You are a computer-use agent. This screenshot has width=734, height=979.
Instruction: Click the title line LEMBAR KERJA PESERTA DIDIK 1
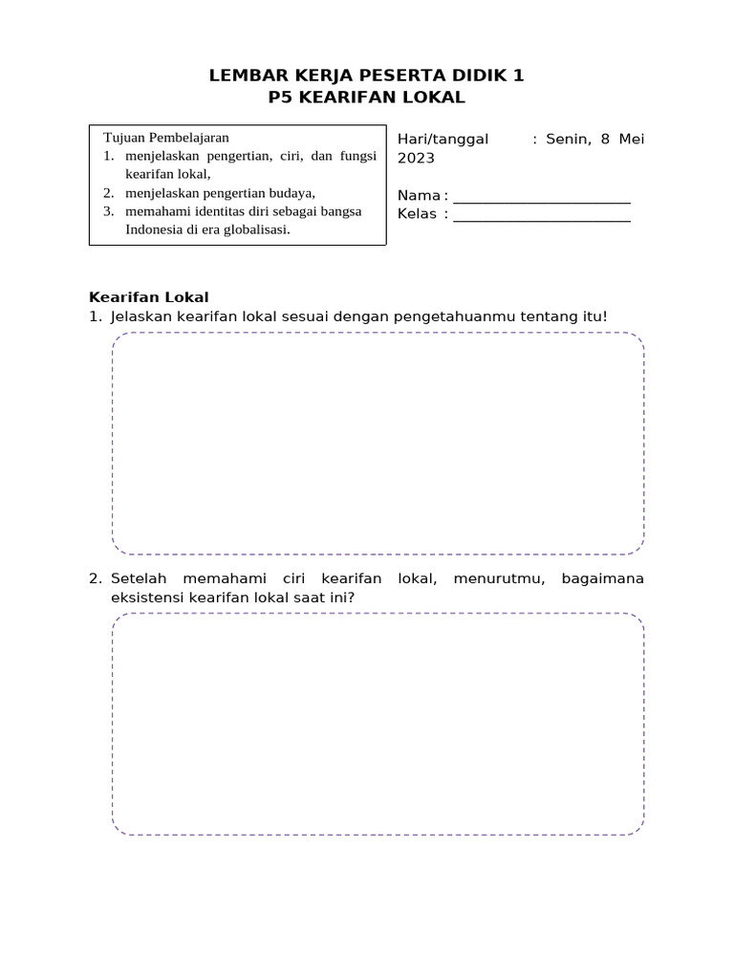pos(367,76)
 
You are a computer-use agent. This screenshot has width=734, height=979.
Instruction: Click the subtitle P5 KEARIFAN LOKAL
pos(367,97)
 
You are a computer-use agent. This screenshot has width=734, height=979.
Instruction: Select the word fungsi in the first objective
pos(353,156)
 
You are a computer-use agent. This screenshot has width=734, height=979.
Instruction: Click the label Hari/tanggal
pos(443,140)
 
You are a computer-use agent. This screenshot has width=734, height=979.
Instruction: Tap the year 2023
pos(416,159)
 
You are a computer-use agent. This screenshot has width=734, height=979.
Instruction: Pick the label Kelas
pos(417,214)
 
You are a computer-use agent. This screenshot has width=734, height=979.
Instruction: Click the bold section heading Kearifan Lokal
pos(148,297)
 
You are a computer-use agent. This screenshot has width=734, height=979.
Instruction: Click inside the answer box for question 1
pos(378,444)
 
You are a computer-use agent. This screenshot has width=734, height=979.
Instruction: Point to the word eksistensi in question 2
pos(150,598)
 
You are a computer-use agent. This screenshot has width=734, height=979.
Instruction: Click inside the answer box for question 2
pos(378,724)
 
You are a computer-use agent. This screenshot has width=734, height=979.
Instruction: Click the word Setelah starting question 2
pos(139,579)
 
